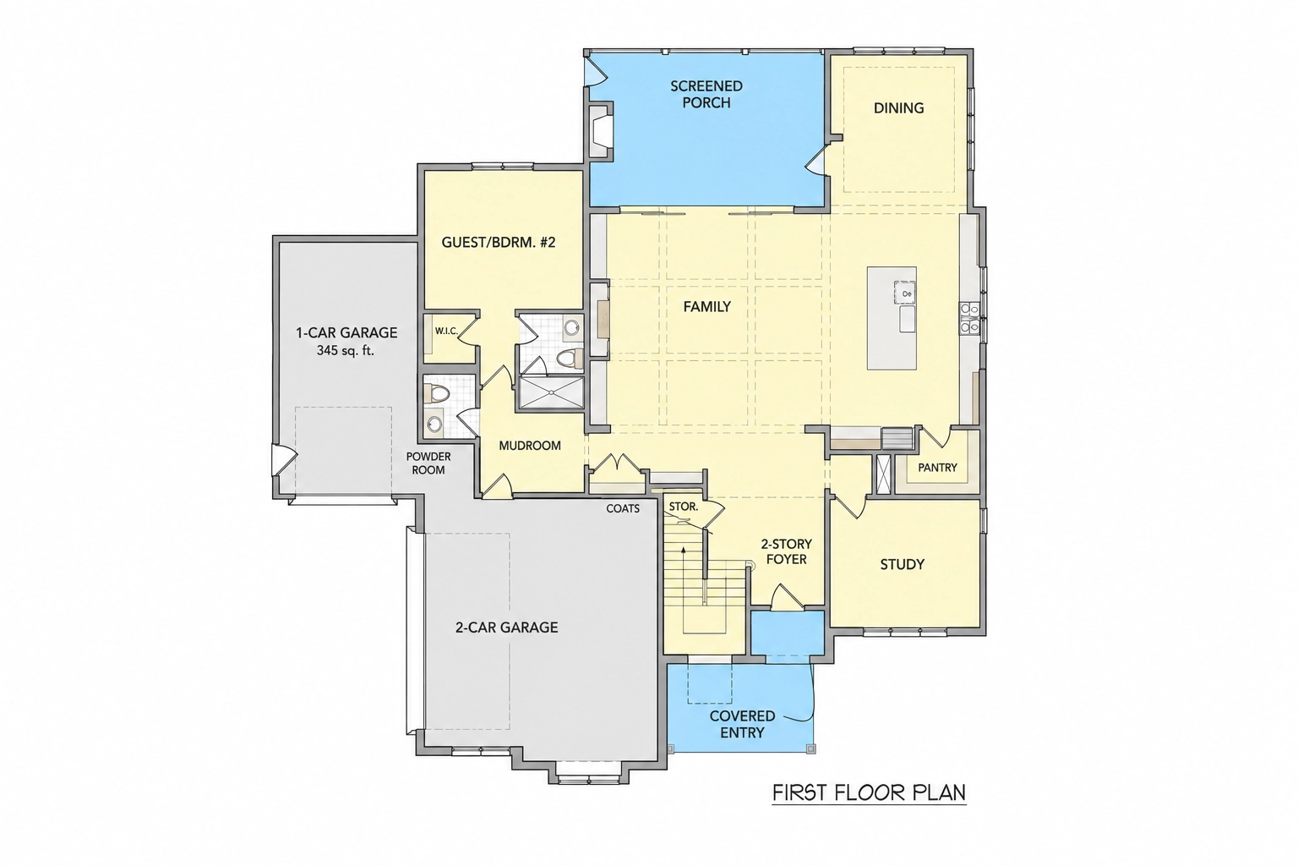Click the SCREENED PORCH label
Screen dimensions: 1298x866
(x=706, y=94)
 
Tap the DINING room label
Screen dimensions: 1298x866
(x=899, y=108)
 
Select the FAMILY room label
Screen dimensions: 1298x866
(x=707, y=306)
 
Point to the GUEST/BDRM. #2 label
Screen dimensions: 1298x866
(x=499, y=242)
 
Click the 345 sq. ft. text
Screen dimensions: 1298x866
(x=346, y=350)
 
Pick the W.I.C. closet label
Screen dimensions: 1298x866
(x=447, y=332)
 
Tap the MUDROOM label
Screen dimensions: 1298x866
(x=530, y=446)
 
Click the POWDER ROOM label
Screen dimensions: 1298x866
(x=428, y=463)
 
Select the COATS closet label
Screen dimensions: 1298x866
(x=623, y=509)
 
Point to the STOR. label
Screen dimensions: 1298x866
(x=683, y=507)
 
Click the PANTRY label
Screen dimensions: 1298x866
(x=937, y=467)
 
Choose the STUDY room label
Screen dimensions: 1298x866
(x=903, y=564)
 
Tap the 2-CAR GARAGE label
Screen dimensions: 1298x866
(x=506, y=627)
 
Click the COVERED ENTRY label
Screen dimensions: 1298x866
(x=742, y=724)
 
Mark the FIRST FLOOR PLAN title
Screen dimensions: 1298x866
(x=870, y=792)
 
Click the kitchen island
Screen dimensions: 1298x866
(x=892, y=318)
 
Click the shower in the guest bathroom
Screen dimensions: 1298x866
(x=550, y=392)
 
